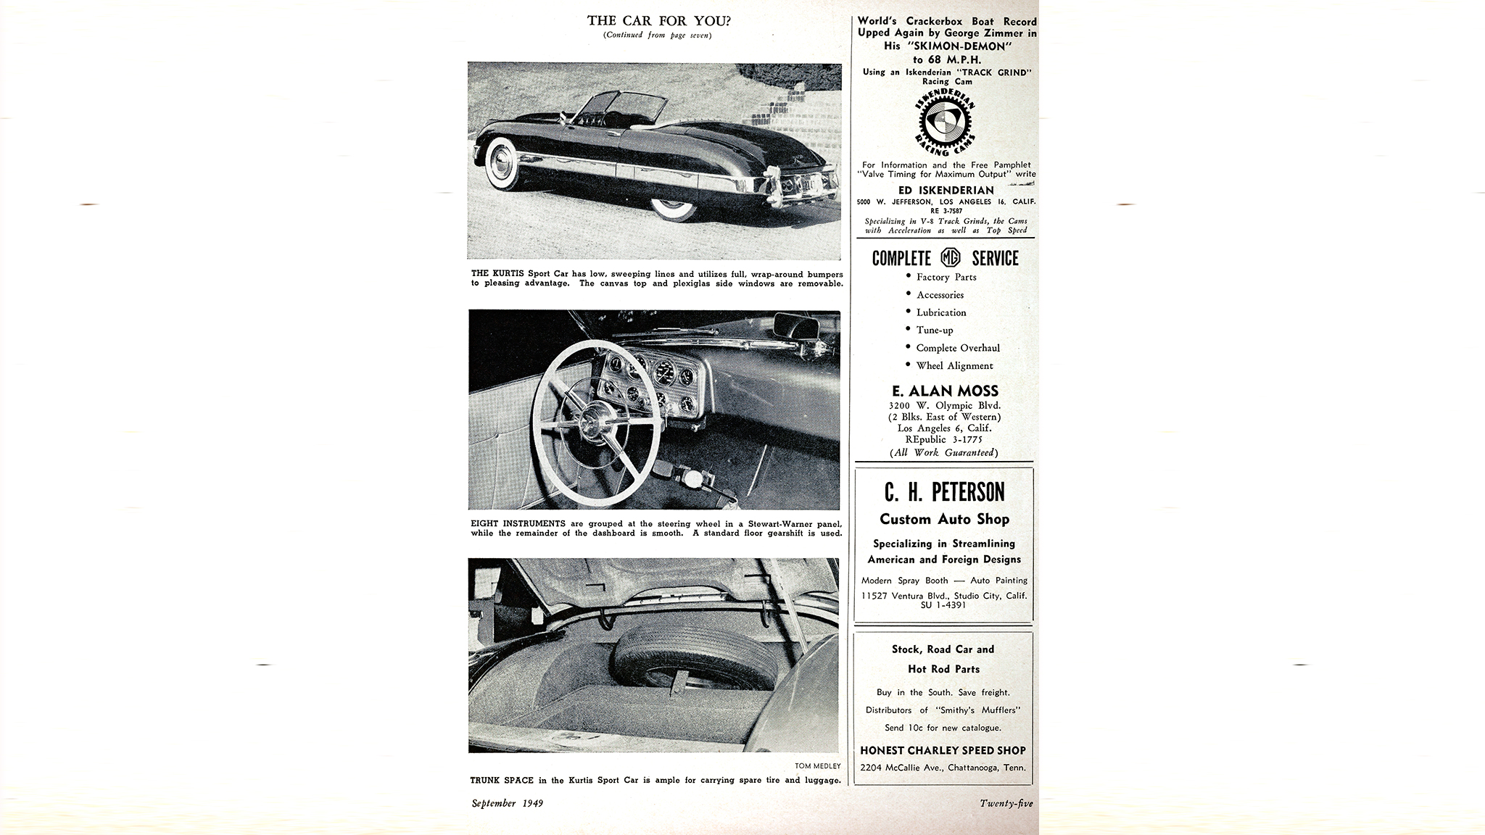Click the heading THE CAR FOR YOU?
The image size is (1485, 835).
pos(658,21)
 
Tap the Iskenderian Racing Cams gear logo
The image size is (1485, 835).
pos(945,124)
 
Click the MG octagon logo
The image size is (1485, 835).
pos(951,257)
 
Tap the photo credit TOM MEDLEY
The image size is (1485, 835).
pos(817,766)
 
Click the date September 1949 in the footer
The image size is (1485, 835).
pos(507,803)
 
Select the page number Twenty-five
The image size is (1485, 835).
pos(1006,803)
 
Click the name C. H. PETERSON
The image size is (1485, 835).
pos(944,492)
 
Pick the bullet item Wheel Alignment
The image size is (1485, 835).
pos(954,365)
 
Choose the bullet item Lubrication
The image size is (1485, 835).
pos(940,312)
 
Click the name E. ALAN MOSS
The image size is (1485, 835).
pos(945,391)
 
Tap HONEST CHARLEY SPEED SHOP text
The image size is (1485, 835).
pos(943,750)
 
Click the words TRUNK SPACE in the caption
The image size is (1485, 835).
pos(502,780)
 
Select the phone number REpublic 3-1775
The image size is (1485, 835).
pos(944,439)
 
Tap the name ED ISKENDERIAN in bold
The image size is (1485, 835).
pos(946,190)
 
